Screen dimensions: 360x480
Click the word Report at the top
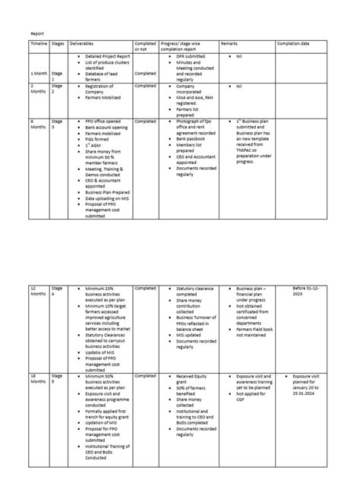click(x=37, y=33)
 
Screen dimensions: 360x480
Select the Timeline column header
click(x=39, y=45)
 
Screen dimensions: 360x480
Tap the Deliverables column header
click(x=82, y=45)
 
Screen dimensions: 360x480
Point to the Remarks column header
click(x=229, y=45)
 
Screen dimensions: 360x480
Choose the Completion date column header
click(x=293, y=45)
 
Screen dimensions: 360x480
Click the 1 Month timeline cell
click(x=39, y=74)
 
